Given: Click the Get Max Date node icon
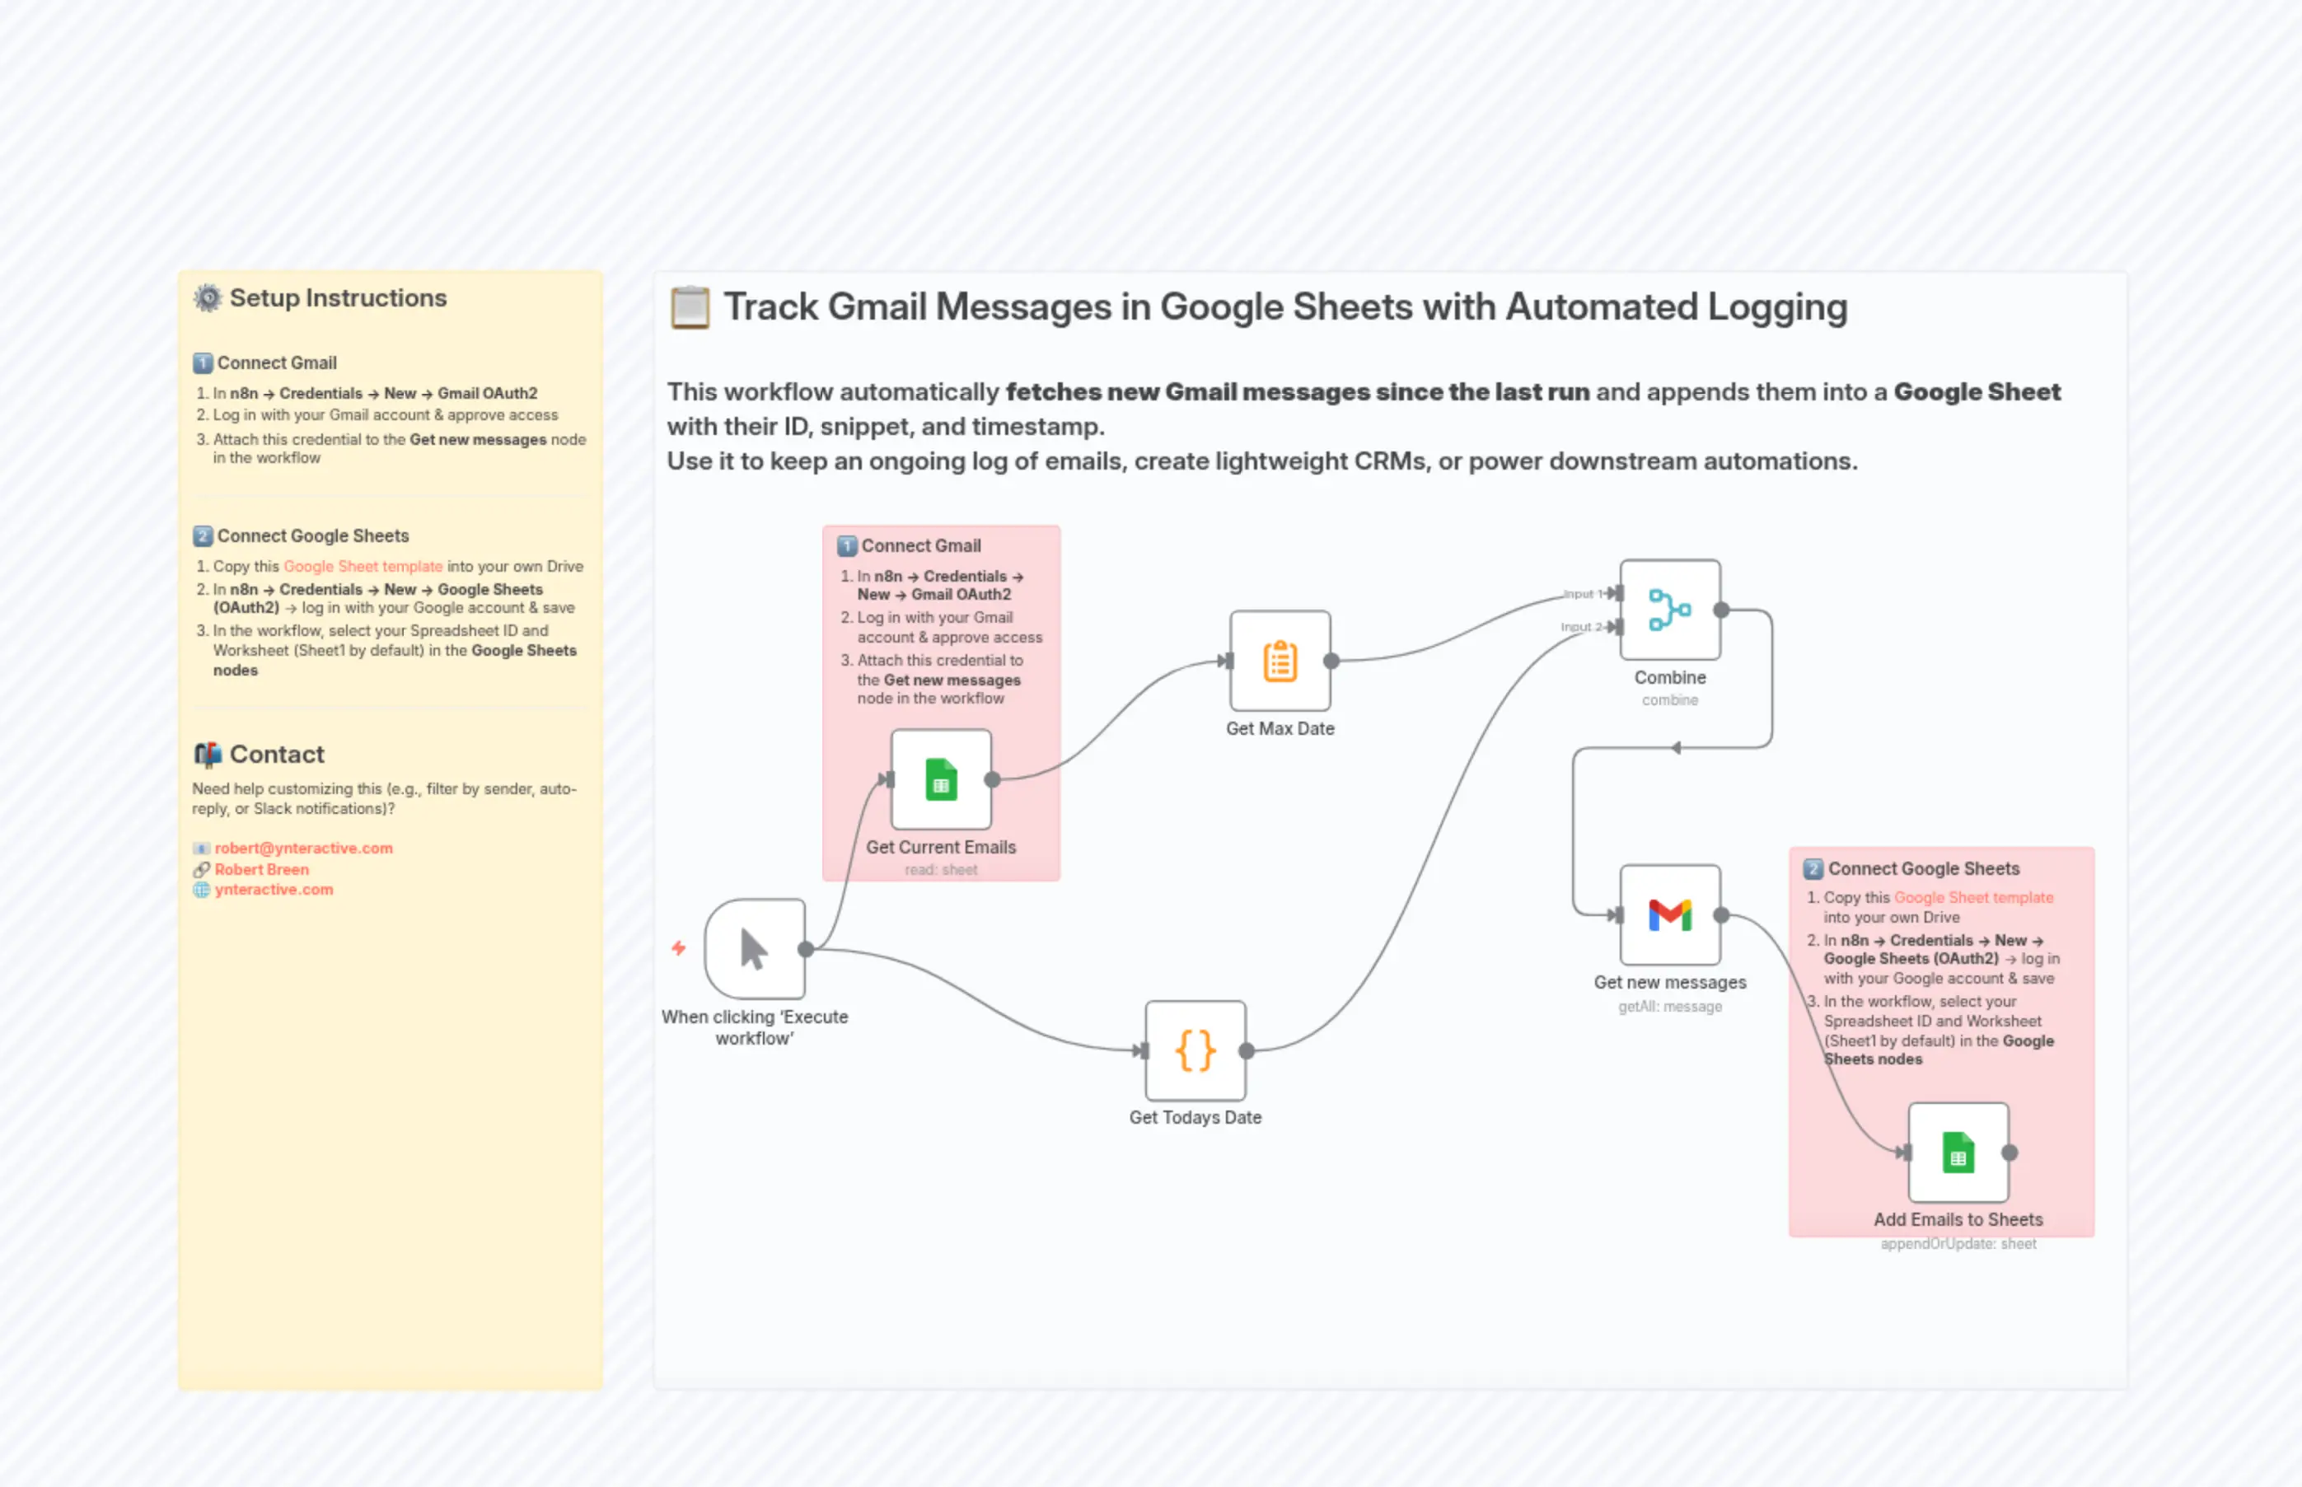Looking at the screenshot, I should pos(1280,662).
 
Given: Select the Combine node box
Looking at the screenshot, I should pos(1669,610).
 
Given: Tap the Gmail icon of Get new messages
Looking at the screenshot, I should pos(1669,914).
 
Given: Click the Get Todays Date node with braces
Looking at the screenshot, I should pos(1195,1050).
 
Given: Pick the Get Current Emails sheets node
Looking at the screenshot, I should pos(941,779).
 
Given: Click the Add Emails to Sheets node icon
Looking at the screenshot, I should pos(1958,1153).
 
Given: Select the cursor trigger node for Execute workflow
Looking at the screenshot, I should pos(754,949).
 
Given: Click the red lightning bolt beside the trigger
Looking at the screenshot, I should pos(679,948).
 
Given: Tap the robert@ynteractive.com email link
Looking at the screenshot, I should pos(303,848).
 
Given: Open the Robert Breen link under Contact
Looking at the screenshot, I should pos(262,869).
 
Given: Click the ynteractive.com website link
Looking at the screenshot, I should pos(274,889).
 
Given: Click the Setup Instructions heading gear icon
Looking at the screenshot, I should pos(208,297).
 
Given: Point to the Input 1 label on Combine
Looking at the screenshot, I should pos(1582,594).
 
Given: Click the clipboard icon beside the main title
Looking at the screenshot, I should pos(690,307).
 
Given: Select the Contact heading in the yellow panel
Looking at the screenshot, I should pos(276,754).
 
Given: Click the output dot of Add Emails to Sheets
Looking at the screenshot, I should pos(2010,1153).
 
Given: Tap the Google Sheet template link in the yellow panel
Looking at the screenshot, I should pos(363,567).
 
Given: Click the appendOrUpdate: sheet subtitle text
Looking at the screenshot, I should pos(1958,1244).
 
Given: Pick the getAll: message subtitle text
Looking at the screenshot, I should pos(1669,1006).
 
